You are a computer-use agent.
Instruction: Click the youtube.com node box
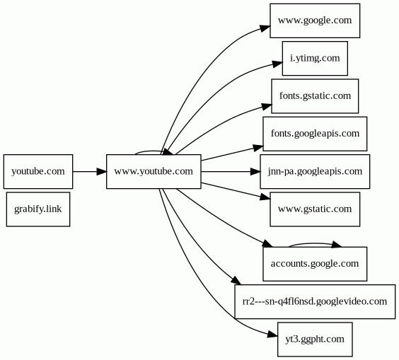[x=38, y=171]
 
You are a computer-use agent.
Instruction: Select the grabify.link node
[x=38, y=209]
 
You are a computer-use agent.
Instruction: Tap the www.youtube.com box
[x=154, y=171]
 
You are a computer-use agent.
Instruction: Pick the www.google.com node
[x=315, y=21]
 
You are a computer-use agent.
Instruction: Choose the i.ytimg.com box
[x=315, y=58]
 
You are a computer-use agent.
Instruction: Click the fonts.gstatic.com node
[x=315, y=96]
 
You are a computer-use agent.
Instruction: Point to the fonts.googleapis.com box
[x=315, y=134]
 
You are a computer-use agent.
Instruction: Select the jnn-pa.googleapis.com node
[x=315, y=171]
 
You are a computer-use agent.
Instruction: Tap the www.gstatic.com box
[x=315, y=209]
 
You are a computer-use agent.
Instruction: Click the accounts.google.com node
[x=315, y=264]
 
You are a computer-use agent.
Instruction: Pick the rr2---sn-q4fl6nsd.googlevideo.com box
[x=315, y=301]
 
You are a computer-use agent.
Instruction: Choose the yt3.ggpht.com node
[x=315, y=339]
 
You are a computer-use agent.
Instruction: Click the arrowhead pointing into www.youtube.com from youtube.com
[x=102, y=171]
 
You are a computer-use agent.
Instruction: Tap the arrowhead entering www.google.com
[x=265, y=28]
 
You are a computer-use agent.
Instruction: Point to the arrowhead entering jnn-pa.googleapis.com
[x=255, y=171]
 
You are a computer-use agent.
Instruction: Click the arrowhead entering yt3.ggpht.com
[x=272, y=335]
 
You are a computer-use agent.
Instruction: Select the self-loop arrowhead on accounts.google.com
[x=337, y=245]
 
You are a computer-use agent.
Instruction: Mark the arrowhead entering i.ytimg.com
[x=277, y=64]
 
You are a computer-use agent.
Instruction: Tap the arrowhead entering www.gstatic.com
[x=265, y=197]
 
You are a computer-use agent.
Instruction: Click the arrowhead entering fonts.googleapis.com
[x=258, y=148]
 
